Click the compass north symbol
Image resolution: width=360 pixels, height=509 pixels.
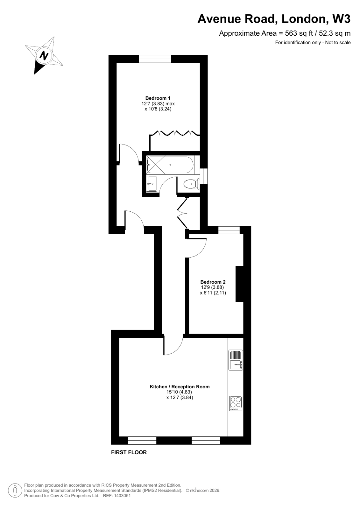(x=44, y=56)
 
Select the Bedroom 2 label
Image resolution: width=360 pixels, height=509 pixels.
(x=213, y=282)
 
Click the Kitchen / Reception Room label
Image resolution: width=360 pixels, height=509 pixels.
(x=180, y=387)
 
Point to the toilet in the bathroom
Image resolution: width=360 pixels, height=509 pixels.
(x=191, y=184)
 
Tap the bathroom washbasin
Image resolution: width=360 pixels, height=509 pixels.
(x=152, y=184)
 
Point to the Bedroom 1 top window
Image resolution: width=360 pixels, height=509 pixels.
(x=155, y=59)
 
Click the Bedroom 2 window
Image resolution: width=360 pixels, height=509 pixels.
(x=229, y=230)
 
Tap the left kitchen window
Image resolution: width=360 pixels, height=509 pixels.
(x=142, y=440)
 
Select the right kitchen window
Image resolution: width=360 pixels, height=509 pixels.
(x=206, y=440)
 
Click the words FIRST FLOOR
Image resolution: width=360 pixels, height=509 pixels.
(x=129, y=452)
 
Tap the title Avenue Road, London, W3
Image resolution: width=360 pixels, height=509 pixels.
(x=274, y=19)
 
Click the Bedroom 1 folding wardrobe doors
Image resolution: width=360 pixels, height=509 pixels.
(x=175, y=133)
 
